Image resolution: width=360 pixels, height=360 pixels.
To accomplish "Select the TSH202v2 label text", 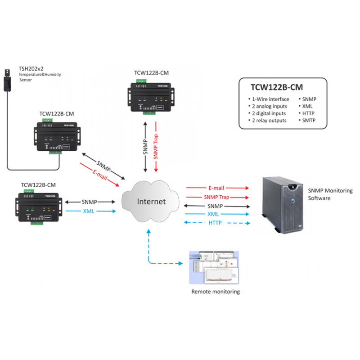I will (31, 68).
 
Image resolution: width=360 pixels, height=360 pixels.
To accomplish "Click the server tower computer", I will (283, 204).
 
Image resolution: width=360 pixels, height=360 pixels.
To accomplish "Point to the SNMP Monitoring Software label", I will (330, 194).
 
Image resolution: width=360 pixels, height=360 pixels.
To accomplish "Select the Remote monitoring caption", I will (216, 292).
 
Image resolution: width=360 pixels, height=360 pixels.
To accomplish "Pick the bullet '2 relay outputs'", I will (269, 121).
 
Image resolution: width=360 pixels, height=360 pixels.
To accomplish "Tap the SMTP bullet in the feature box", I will (309, 121).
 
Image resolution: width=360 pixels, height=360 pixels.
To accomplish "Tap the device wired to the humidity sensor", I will (58, 136).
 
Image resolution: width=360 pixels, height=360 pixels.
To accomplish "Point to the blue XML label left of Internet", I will (88, 211).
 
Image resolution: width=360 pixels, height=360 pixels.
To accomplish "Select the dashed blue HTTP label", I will (215, 223).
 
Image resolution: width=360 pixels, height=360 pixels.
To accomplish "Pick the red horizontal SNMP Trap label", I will (216, 197).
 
